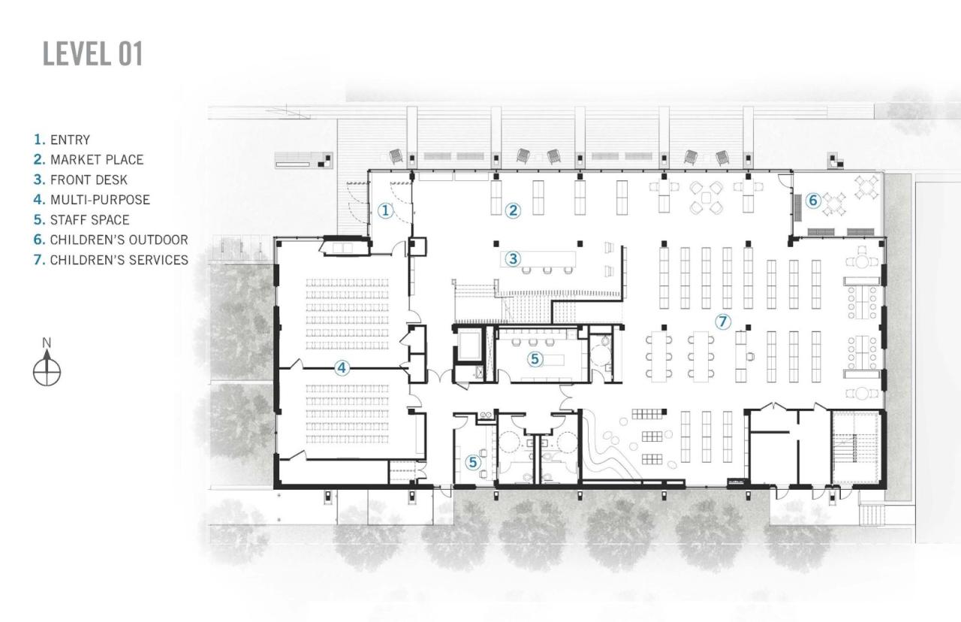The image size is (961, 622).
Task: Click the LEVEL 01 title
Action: [x=92, y=54]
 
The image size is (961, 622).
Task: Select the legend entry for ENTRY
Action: [x=62, y=140]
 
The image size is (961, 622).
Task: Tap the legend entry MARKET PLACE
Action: [x=89, y=160]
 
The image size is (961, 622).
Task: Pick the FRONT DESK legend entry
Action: [x=80, y=180]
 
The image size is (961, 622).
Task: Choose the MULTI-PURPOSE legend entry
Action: [x=92, y=200]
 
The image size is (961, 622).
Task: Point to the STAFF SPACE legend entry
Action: [x=82, y=220]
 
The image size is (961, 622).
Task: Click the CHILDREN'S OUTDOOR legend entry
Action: [x=110, y=240]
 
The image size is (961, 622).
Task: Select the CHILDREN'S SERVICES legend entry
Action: [x=110, y=260]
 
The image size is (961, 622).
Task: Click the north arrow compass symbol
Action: [x=47, y=371]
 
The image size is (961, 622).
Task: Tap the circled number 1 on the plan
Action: [x=385, y=210]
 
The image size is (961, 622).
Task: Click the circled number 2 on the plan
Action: [x=513, y=210]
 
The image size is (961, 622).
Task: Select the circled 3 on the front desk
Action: [x=513, y=259]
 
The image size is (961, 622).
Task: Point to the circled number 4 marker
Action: [x=342, y=368]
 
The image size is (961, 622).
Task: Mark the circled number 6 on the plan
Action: [x=813, y=201]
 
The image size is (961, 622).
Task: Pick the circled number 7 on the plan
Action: [x=722, y=322]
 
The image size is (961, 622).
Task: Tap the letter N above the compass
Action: [x=47, y=343]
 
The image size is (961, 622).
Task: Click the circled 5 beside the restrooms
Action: [x=473, y=462]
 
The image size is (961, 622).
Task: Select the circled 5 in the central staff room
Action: [x=535, y=359]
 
